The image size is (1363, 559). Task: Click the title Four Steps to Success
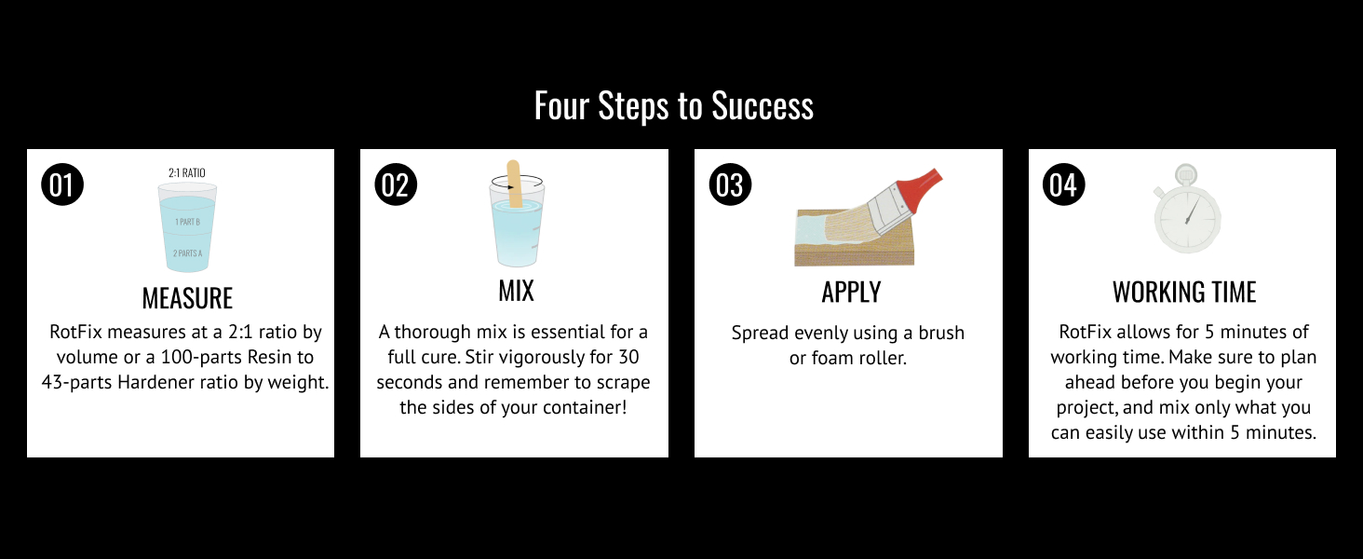point(674,106)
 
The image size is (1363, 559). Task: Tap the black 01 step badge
point(62,184)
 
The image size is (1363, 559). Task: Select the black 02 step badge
point(396,184)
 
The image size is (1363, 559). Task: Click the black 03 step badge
point(730,184)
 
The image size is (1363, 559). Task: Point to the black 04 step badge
point(1063,184)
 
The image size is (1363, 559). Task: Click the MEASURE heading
point(187,298)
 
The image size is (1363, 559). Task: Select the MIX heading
point(516,291)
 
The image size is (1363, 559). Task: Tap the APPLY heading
point(851,293)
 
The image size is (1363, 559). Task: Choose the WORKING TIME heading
point(1184,293)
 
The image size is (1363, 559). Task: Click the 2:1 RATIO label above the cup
point(187,173)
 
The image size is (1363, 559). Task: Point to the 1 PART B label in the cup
point(187,222)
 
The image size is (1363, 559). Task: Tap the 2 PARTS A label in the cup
point(187,253)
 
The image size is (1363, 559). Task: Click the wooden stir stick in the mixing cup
point(514,184)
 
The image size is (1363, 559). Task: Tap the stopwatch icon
point(1186,209)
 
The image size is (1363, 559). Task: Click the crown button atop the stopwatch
point(1186,173)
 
